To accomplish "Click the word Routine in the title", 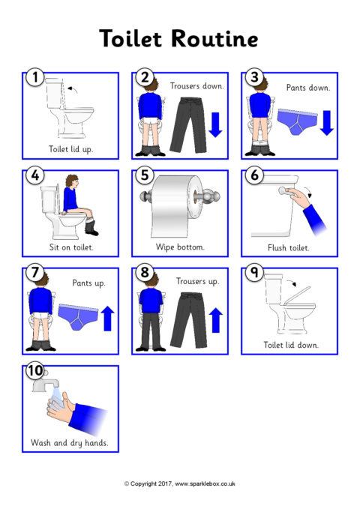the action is [214, 39].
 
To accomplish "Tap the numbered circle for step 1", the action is [34, 77].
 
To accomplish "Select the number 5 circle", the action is [145, 175].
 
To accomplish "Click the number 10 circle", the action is [34, 370].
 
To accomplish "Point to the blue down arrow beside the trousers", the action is [215, 124].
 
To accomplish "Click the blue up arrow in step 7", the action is [107, 319].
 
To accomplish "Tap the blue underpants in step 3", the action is [297, 121].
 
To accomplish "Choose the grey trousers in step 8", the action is [188, 319].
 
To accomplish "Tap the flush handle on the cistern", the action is [285, 191].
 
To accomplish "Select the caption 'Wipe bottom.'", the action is [180, 247].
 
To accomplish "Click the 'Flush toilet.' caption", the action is [289, 248].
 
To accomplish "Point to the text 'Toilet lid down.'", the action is [291, 345].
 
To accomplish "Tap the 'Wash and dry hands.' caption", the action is [70, 443].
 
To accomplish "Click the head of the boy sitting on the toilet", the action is [72, 181].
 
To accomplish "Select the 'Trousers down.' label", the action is [197, 86].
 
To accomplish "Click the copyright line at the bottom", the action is [180, 484].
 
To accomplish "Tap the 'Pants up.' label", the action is [88, 283].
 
